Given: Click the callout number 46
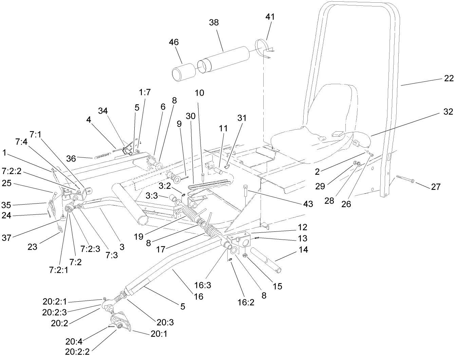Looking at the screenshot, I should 174,42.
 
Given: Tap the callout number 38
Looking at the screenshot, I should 214,22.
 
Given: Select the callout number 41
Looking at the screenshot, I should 270,17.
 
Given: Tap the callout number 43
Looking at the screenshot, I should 308,204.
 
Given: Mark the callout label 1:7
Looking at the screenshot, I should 145,92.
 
